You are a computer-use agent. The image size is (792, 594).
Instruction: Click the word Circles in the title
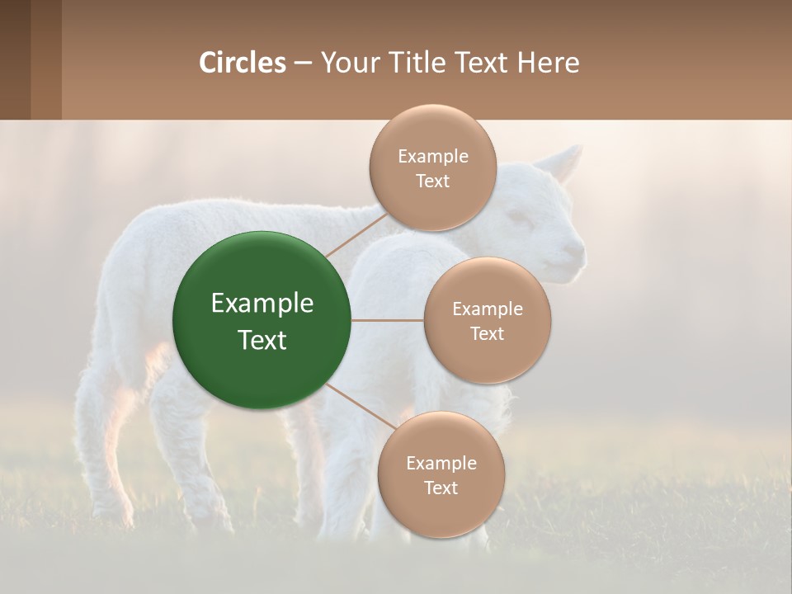[x=242, y=63]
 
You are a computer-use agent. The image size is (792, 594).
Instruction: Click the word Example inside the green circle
[x=262, y=304]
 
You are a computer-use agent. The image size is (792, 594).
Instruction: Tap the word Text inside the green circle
[x=262, y=340]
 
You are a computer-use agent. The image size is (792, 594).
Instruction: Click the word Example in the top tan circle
[x=432, y=157]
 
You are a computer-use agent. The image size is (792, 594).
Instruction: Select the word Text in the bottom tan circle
[x=441, y=488]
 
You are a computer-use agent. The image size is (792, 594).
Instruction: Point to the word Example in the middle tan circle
[x=487, y=309]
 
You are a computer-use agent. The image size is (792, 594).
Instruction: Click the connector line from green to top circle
[x=355, y=235]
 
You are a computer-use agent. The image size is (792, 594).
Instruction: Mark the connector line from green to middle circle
[x=388, y=320]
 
